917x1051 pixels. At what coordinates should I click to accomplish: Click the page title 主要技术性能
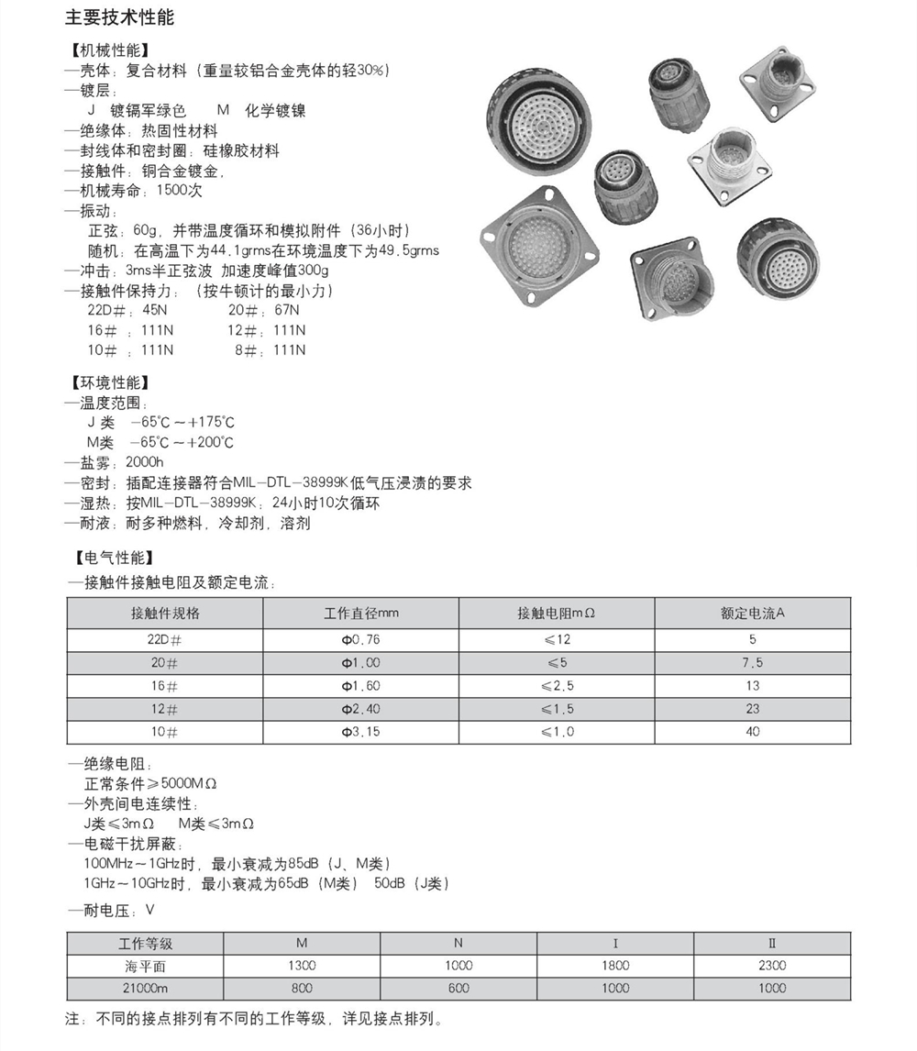pyautogui.click(x=119, y=18)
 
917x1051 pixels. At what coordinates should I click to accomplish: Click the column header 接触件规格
pyautogui.click(x=165, y=614)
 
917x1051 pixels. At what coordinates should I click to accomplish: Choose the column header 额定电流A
pyautogui.click(x=753, y=614)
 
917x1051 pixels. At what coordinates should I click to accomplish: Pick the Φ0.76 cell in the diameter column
pyautogui.click(x=360, y=639)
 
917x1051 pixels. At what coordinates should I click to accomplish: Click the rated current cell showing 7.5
pyautogui.click(x=753, y=663)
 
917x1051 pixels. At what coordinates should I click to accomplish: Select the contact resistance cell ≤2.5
pyautogui.click(x=557, y=686)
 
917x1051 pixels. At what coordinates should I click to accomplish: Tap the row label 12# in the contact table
pyautogui.click(x=165, y=709)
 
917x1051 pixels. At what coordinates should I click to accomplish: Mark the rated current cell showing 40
pyautogui.click(x=753, y=732)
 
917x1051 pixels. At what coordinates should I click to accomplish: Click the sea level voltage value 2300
pyautogui.click(x=772, y=965)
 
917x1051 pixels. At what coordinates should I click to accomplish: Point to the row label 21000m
pyautogui.click(x=146, y=988)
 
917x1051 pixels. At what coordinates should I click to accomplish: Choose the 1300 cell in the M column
pyautogui.click(x=302, y=965)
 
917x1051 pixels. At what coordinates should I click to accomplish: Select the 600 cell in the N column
pyautogui.click(x=458, y=988)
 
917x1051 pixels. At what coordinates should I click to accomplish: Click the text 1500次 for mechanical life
pyautogui.click(x=180, y=191)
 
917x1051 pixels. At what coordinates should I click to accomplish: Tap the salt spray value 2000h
pyautogui.click(x=144, y=462)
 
